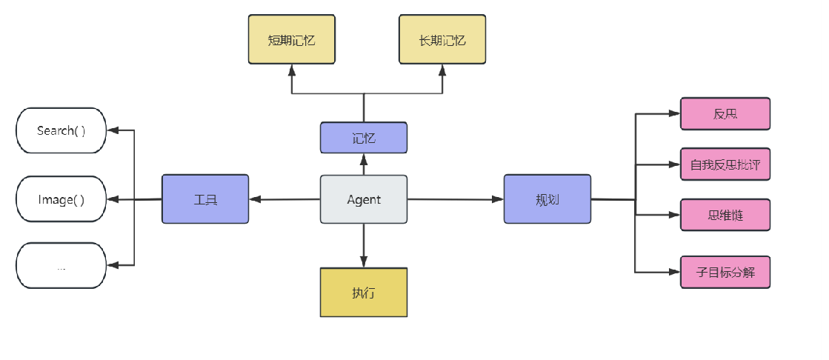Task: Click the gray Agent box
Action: tap(364, 199)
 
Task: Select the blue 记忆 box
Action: tap(364, 138)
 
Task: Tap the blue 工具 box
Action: tap(205, 199)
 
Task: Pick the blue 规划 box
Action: tap(547, 199)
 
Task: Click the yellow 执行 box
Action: tap(364, 293)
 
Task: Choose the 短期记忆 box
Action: tap(292, 40)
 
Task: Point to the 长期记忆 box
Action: tap(442, 40)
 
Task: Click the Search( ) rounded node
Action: tap(61, 130)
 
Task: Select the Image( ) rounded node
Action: tap(61, 199)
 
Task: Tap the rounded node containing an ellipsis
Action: tap(61, 265)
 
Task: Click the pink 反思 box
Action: tap(725, 113)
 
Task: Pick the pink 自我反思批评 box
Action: tap(725, 164)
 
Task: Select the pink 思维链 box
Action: tap(725, 215)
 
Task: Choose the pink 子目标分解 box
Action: tap(725, 273)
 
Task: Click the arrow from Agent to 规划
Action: tap(456, 199)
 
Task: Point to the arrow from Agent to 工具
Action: tap(284, 199)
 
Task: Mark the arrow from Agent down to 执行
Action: tap(364, 246)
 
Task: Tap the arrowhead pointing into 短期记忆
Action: tap(292, 70)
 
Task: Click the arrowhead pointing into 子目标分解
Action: tap(675, 273)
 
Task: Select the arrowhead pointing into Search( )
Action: tap(113, 130)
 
